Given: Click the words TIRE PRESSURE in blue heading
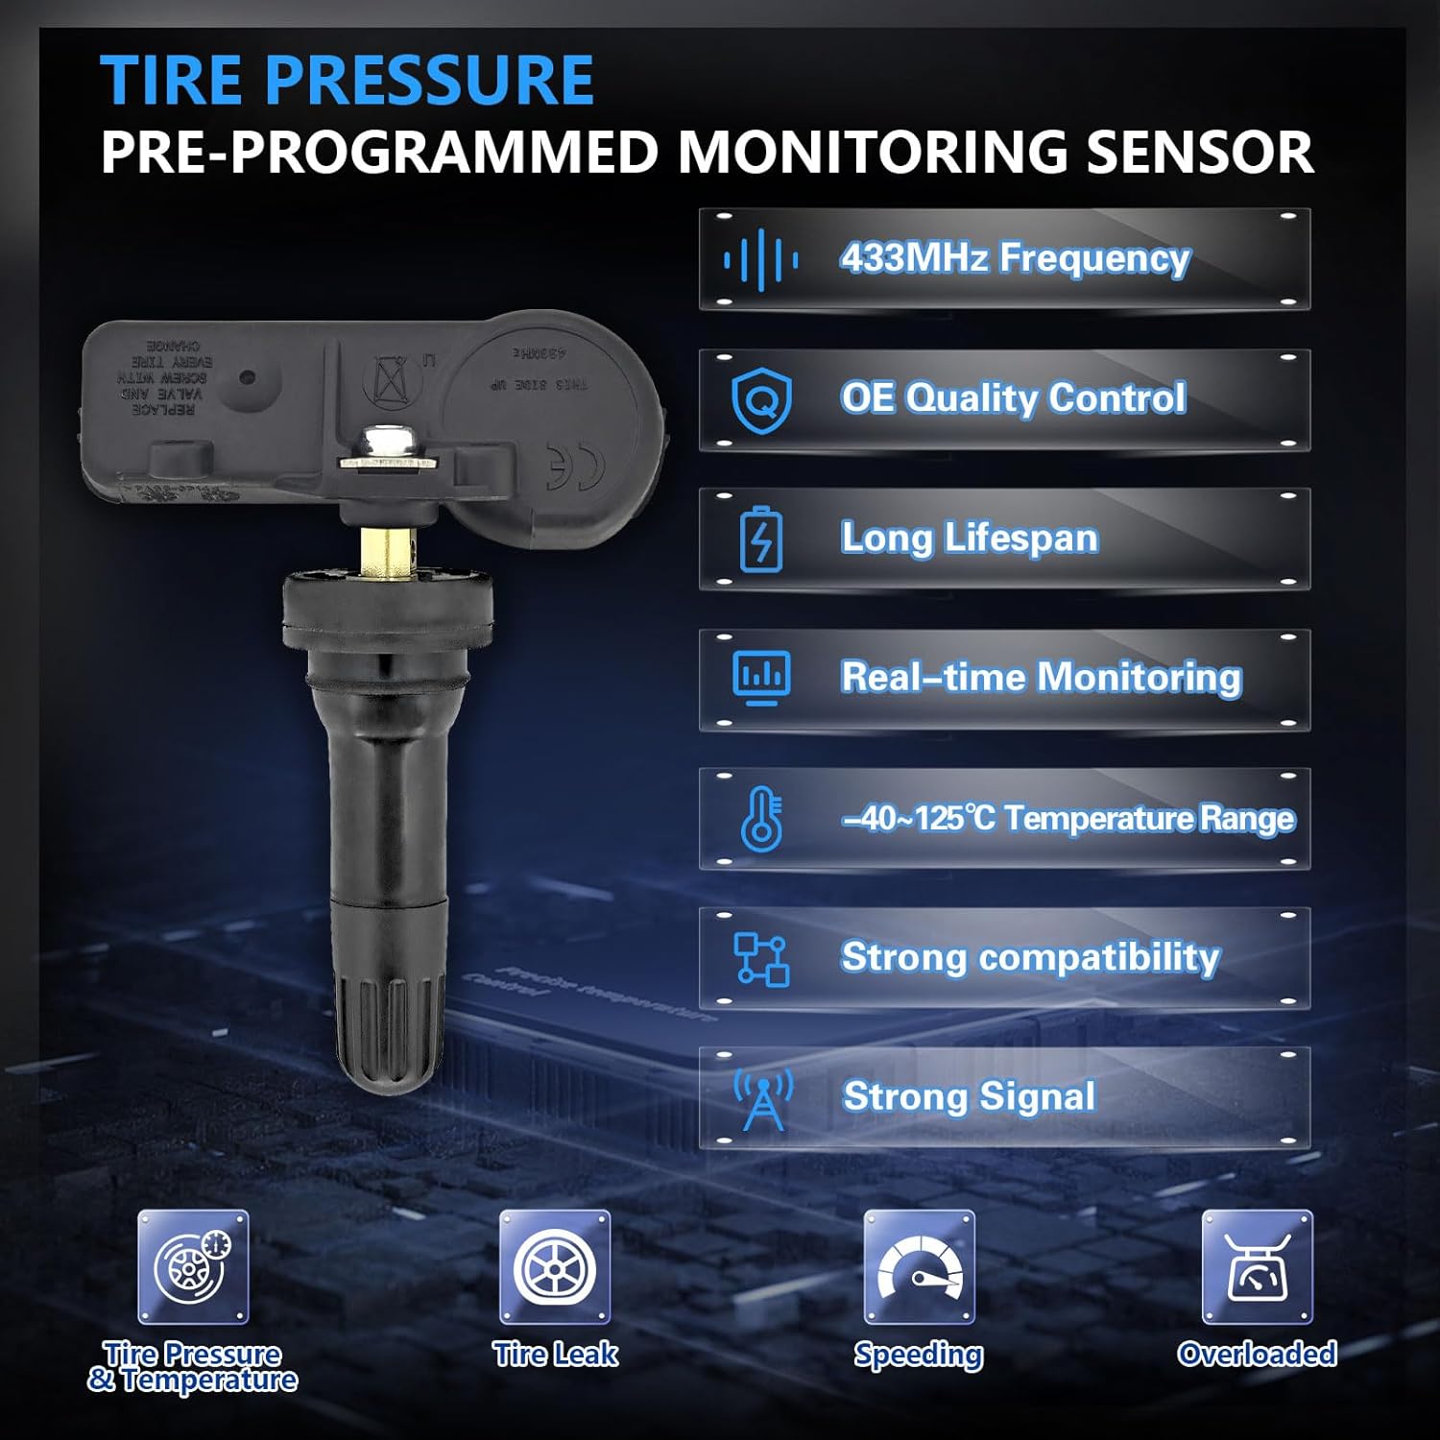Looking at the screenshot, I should click(x=347, y=80).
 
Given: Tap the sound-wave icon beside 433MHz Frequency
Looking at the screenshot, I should click(x=760, y=259).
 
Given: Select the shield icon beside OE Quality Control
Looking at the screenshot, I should click(x=761, y=401).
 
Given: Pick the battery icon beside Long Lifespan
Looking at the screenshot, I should click(x=761, y=539).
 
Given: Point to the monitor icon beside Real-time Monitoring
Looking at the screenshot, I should click(x=761, y=678).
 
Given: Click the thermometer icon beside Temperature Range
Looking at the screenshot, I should click(x=761, y=818).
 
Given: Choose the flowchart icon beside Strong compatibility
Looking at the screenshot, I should click(x=761, y=958).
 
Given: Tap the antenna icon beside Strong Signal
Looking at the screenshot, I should click(x=763, y=1098).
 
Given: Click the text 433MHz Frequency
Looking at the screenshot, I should click(x=1015, y=258).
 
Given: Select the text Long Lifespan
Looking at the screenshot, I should click(x=969, y=538).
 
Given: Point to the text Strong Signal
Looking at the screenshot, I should click(x=969, y=1096).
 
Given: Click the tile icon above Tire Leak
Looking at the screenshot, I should click(x=555, y=1267).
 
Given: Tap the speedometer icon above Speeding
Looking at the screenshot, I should click(x=919, y=1267).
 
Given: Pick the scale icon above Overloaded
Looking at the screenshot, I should click(x=1257, y=1267).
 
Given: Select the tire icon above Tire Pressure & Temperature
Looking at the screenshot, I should click(x=193, y=1267).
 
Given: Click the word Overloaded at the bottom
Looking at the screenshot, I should click(x=1257, y=1354).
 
